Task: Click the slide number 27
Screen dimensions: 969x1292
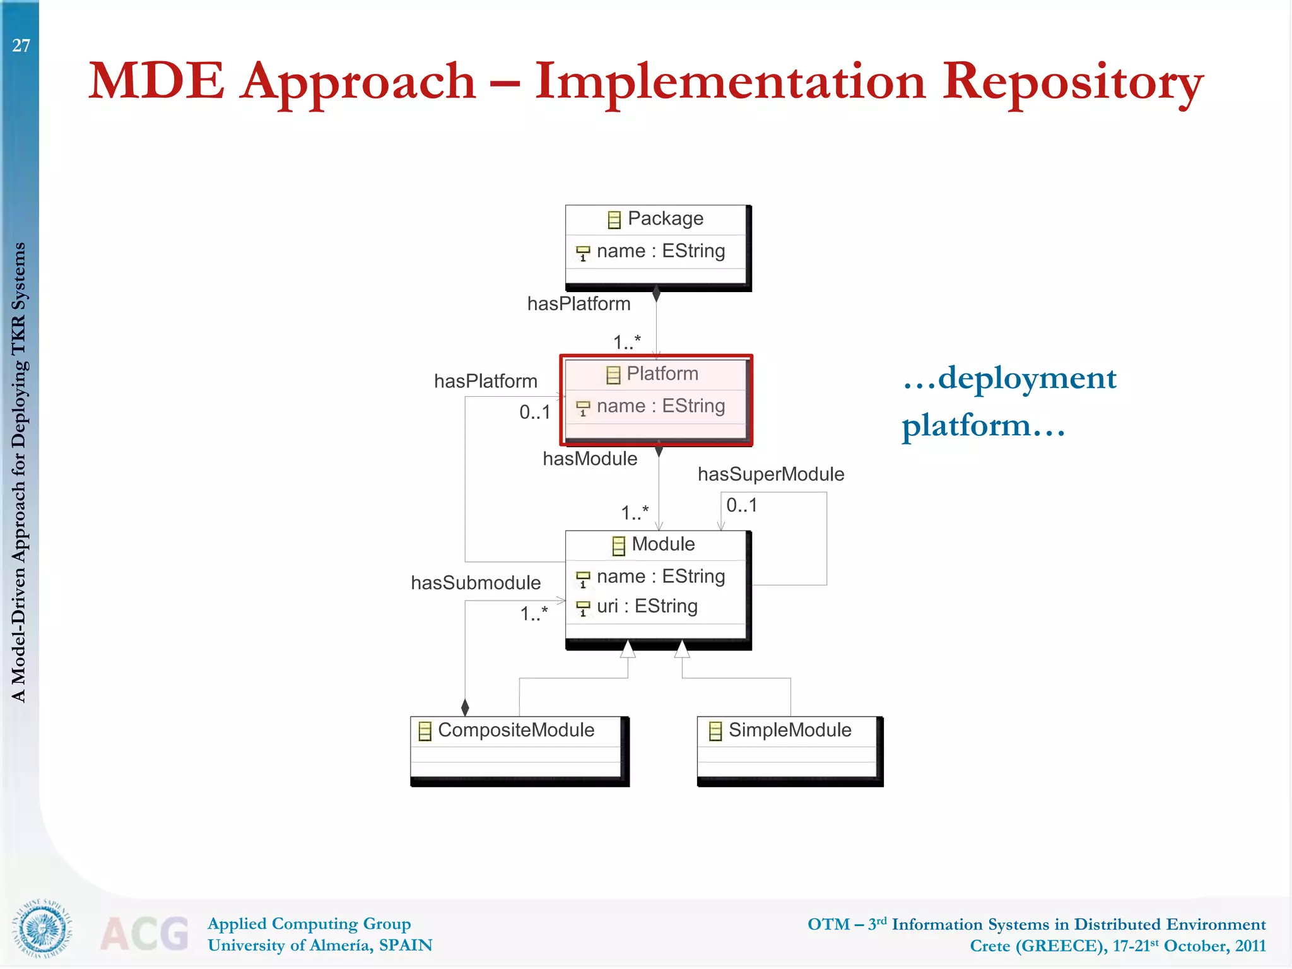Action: pos(21,45)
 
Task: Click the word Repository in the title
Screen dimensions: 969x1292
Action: pos(1072,82)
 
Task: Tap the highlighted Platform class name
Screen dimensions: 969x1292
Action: pos(662,373)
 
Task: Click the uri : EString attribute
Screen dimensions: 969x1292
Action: pos(647,606)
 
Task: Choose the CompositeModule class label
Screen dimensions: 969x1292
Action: pos(515,730)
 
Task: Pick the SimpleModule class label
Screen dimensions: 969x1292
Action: pos(789,730)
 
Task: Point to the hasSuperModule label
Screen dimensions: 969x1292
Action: pos(770,474)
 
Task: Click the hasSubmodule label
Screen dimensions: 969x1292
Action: pos(476,582)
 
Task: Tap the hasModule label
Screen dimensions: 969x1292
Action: pos(590,459)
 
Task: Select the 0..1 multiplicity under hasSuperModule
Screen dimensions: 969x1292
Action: pos(741,505)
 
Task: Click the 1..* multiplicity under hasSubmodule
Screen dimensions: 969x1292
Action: pos(534,613)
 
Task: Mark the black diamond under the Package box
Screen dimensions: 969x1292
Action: pos(656,294)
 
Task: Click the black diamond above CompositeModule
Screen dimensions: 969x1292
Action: pos(465,707)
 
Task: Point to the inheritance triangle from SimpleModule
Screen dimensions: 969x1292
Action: pos(682,649)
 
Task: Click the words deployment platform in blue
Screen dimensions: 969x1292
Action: pos(1009,401)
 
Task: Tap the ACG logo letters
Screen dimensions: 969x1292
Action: pos(144,934)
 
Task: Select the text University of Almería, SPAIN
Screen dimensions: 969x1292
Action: pos(320,945)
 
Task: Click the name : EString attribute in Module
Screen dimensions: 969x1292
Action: pos(661,576)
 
